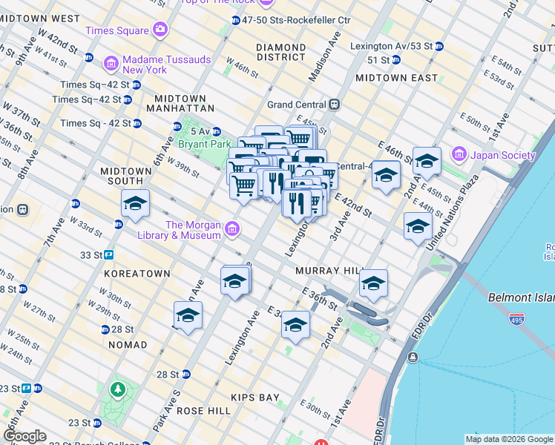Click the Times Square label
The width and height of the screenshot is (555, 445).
click(x=116, y=30)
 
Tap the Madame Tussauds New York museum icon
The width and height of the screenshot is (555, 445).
click(x=111, y=65)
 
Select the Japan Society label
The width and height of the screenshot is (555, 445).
click(x=502, y=155)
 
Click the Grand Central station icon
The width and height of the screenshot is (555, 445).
click(x=335, y=105)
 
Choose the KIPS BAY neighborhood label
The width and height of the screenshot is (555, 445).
click(x=254, y=398)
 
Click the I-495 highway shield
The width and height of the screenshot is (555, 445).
click(x=517, y=319)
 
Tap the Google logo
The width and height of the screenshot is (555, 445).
click(x=24, y=436)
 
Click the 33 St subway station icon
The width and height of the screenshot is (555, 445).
click(x=108, y=254)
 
